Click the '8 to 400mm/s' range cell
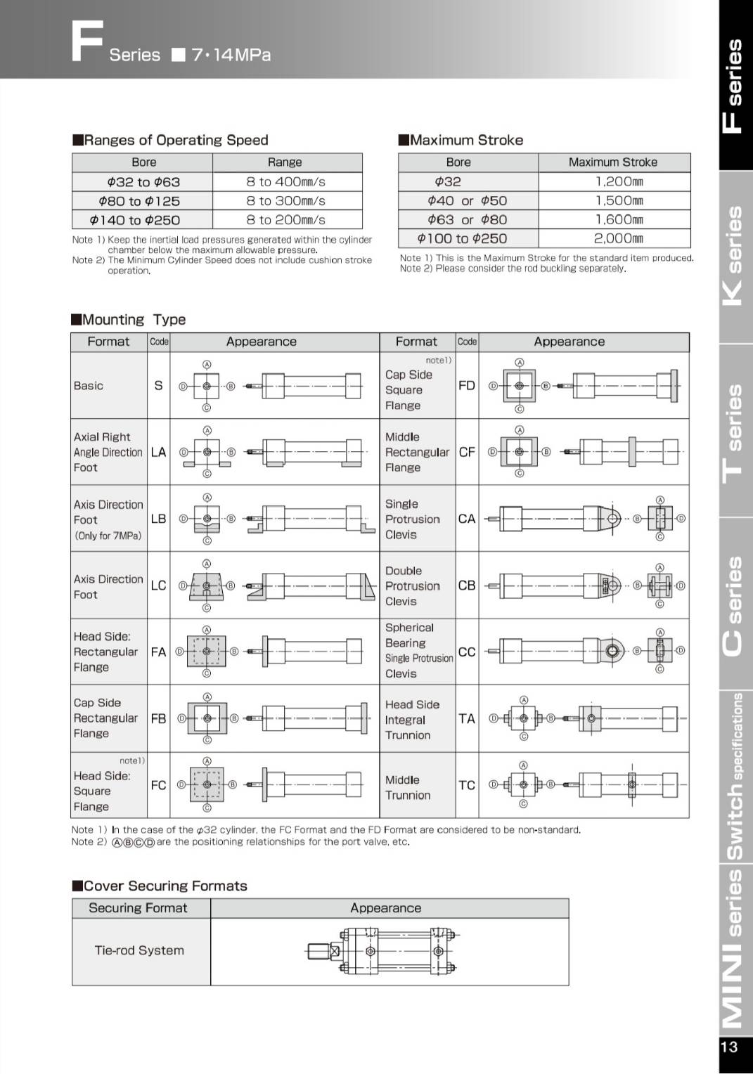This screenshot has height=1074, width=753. tap(285, 181)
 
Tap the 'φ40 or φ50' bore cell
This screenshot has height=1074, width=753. tap(467, 200)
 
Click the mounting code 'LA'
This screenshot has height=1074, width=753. tap(158, 452)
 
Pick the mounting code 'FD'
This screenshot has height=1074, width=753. tap(467, 385)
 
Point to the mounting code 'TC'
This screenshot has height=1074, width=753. tap(467, 785)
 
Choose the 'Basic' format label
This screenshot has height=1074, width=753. tap(89, 386)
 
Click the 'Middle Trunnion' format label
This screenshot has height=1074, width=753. tap(408, 787)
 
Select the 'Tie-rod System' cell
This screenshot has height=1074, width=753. tap(139, 950)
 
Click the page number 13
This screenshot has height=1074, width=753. tap(729, 1047)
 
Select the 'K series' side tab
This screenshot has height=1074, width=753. tap(733, 257)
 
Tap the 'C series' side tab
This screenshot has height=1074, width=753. tap(733, 604)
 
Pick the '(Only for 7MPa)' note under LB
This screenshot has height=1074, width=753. tap(108, 536)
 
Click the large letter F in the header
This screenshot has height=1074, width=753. tap(87, 42)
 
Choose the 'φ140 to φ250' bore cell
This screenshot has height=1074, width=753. tap(135, 220)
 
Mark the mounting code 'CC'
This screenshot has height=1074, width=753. tap(467, 652)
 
